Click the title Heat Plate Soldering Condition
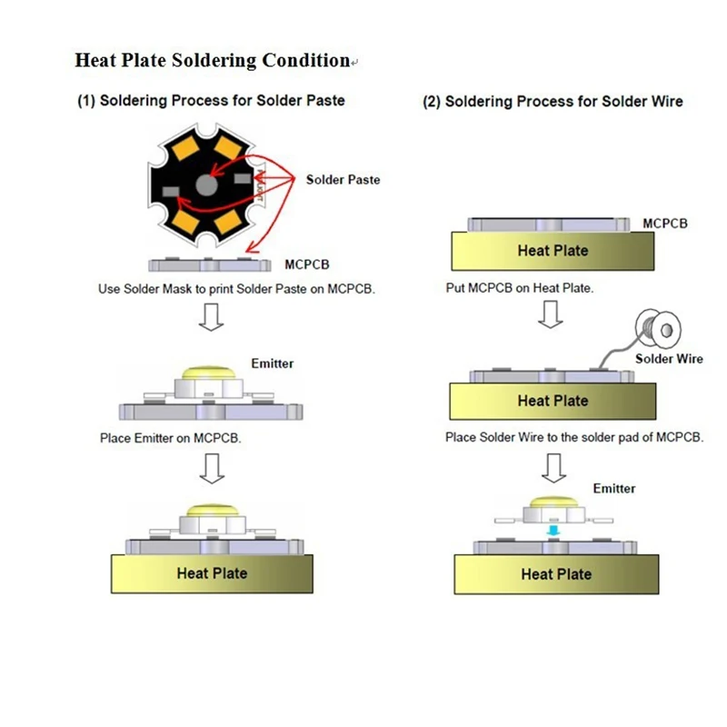[x=213, y=60]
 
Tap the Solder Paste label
[x=344, y=180]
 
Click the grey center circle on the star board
[x=207, y=185]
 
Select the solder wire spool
[x=658, y=328]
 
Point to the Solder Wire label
[x=669, y=358]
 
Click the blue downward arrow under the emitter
[x=553, y=531]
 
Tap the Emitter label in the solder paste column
[x=272, y=363]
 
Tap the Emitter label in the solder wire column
[x=614, y=488]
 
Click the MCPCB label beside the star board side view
[x=307, y=264]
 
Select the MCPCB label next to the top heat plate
[x=665, y=224]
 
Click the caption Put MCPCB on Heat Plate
[x=520, y=288]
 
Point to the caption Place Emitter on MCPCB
[x=171, y=438]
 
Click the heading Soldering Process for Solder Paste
[x=211, y=101]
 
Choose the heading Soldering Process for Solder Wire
[x=553, y=102]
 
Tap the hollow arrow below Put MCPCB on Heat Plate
[x=551, y=314]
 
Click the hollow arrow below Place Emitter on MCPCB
[x=213, y=468]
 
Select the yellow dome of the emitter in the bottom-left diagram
[x=213, y=510]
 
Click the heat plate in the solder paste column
[x=212, y=573]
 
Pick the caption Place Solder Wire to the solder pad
[x=574, y=437]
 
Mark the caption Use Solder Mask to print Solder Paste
[x=236, y=289]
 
